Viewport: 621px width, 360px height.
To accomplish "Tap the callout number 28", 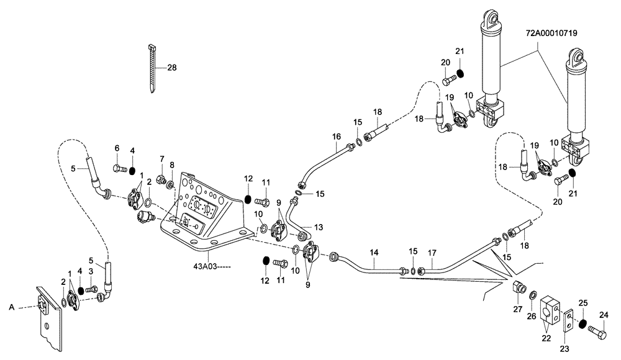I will [171, 68].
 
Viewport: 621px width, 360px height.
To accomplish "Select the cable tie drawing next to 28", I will [152, 69].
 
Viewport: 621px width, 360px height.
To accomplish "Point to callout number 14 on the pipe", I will [374, 253].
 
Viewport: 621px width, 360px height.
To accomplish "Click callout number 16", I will [336, 137].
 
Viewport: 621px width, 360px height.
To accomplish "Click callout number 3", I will [91, 271].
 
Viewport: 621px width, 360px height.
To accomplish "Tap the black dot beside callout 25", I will [582, 323].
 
